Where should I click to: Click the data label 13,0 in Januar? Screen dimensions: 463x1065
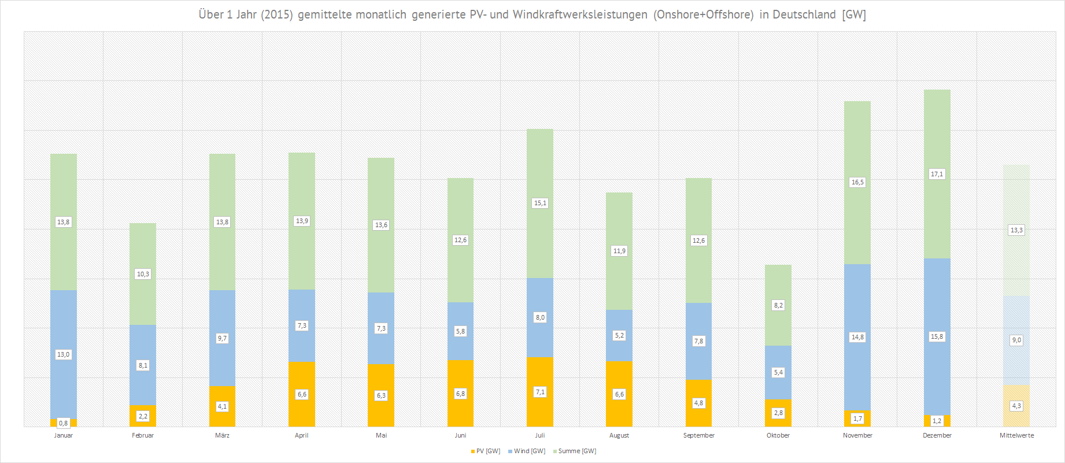click(x=64, y=354)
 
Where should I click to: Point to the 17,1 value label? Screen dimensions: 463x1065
click(x=937, y=174)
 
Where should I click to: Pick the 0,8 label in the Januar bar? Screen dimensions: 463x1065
click(x=64, y=423)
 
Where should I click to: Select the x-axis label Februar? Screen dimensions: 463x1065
click(x=143, y=435)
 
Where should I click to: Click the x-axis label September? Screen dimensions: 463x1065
click(x=698, y=435)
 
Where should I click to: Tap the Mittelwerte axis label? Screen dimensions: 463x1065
click(x=1016, y=435)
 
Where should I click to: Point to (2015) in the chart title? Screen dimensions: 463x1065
click(x=276, y=14)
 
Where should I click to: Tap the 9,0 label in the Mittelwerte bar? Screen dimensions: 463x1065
click(x=1016, y=340)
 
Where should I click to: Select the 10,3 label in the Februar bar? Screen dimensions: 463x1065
click(x=143, y=274)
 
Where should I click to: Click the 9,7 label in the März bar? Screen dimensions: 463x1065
click(x=222, y=338)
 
